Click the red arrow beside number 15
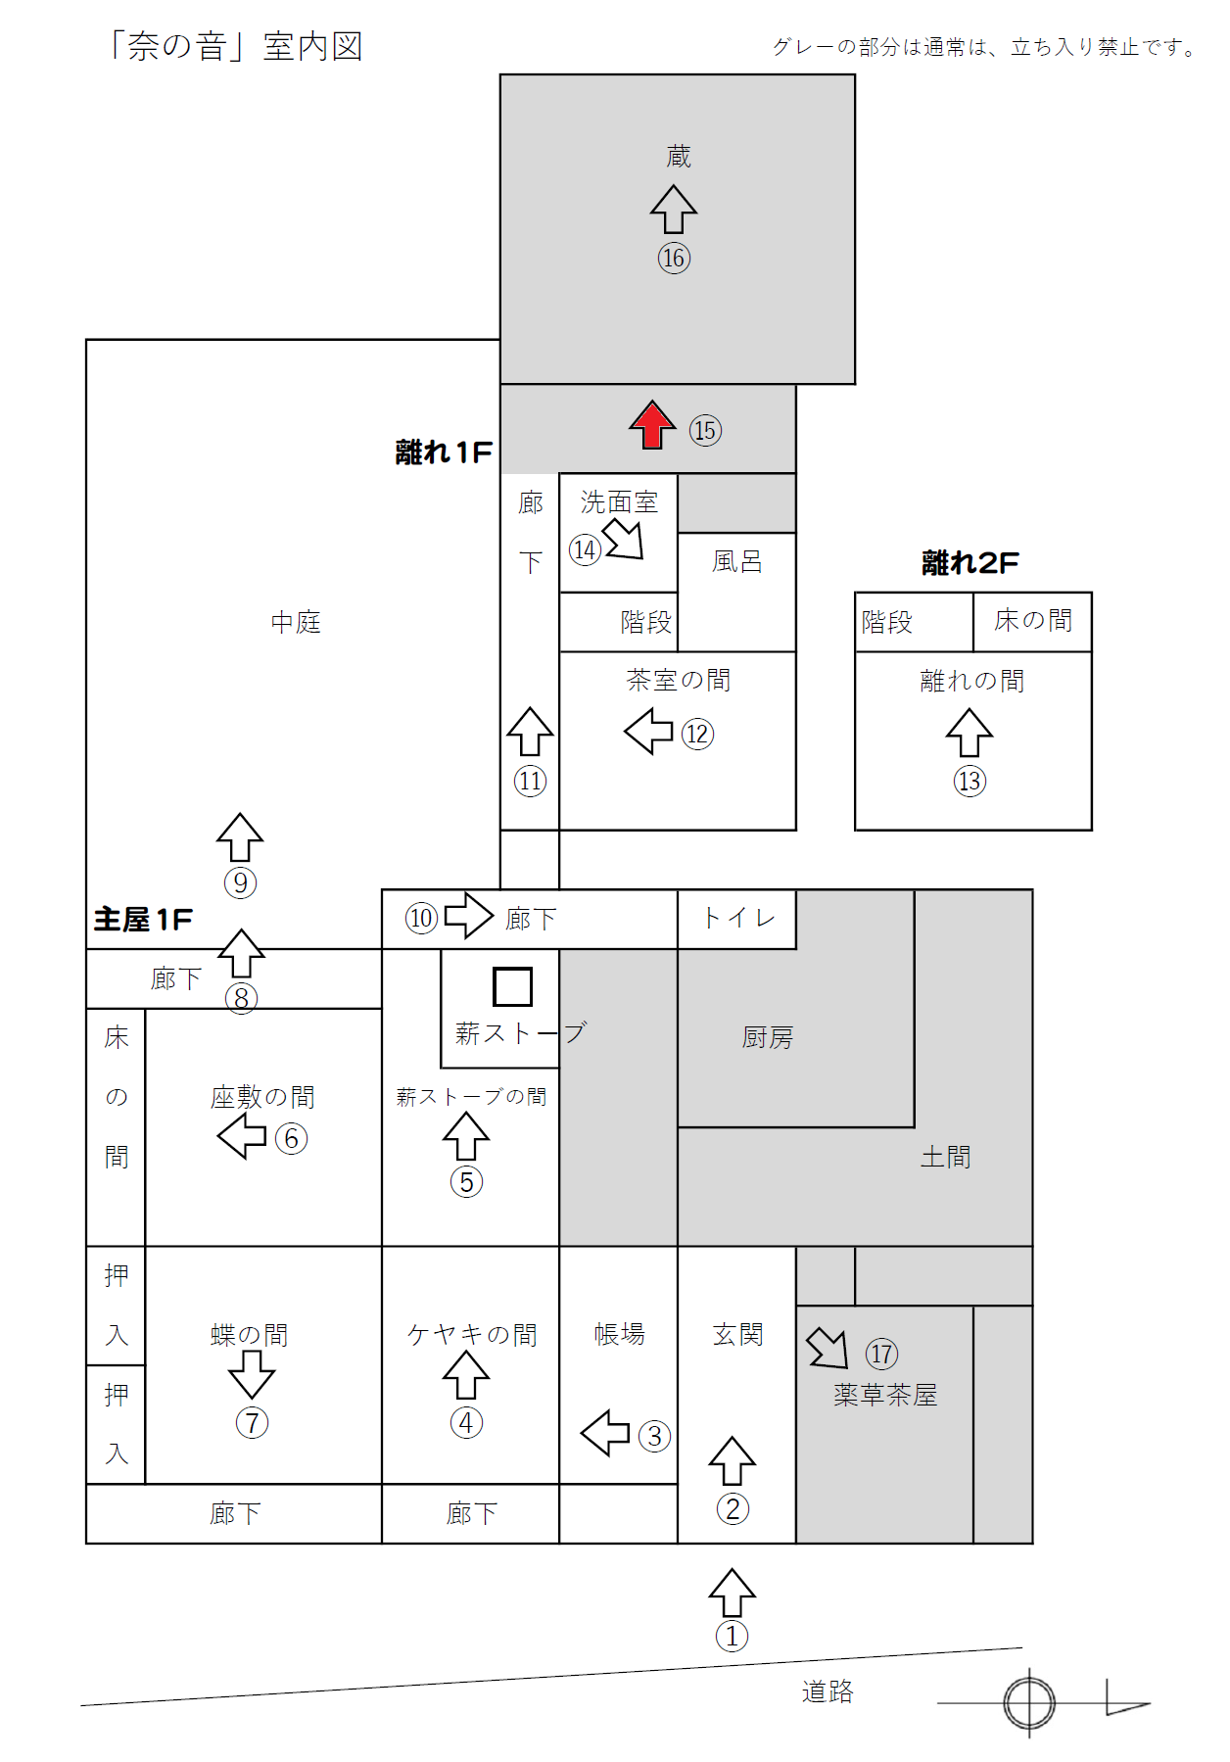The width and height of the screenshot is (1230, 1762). click(x=652, y=425)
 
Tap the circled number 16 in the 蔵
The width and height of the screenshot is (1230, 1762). click(x=674, y=258)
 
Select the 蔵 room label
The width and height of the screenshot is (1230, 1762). click(x=678, y=156)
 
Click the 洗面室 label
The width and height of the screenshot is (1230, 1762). click(x=619, y=502)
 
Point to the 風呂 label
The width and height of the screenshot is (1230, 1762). click(x=736, y=561)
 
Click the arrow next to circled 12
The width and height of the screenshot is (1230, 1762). click(x=648, y=731)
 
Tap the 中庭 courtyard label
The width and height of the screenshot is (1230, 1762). click(x=296, y=622)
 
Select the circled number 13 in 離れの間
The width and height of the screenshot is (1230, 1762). click(x=970, y=781)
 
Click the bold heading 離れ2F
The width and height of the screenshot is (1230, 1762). click(x=970, y=563)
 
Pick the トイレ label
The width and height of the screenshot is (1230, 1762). click(x=739, y=918)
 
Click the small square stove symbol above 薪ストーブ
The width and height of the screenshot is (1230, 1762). click(x=512, y=986)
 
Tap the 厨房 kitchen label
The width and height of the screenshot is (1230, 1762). click(x=767, y=1037)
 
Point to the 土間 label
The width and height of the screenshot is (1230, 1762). click(x=945, y=1157)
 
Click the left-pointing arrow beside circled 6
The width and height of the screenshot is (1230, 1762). click(x=242, y=1136)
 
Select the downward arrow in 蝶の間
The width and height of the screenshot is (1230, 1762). click(x=252, y=1374)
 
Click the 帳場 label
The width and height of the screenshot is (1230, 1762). click(x=619, y=1334)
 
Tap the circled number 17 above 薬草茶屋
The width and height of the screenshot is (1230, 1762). click(x=881, y=1354)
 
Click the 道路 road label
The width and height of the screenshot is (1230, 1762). click(x=828, y=1691)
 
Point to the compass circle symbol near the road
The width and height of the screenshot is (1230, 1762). click(x=1029, y=1702)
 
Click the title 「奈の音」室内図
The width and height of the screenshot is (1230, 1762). click(x=235, y=46)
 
